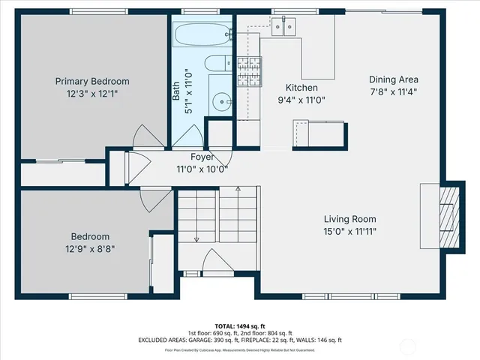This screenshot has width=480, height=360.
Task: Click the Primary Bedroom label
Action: [x=92, y=82]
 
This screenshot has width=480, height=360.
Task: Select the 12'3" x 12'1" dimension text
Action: [x=92, y=94]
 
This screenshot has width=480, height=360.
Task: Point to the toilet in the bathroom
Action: [x=220, y=63]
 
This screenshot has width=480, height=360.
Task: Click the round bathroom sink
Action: [x=220, y=101]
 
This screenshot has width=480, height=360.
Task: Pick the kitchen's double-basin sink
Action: [x=283, y=27]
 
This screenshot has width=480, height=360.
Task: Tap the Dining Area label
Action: [x=393, y=79]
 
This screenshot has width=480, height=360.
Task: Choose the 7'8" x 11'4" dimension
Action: [x=393, y=92]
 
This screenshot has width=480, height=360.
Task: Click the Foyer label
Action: [x=202, y=157]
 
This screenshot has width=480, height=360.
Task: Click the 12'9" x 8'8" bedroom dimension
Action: [x=90, y=248]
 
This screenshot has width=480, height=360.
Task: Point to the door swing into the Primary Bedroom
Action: [x=146, y=136]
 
